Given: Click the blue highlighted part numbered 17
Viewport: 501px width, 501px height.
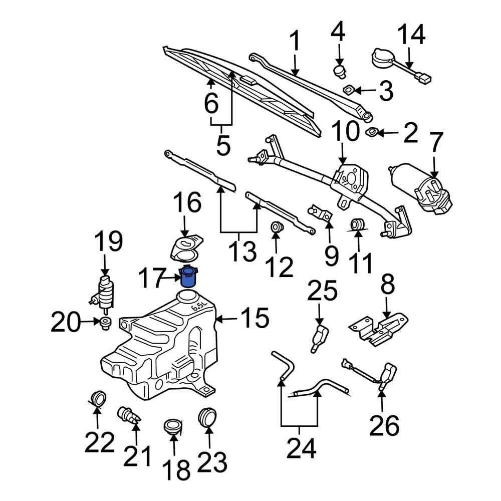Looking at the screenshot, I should click(x=189, y=277).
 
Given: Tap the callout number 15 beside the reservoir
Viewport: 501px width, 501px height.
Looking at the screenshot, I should click(x=255, y=319).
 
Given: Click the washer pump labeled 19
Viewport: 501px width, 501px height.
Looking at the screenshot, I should click(x=105, y=292).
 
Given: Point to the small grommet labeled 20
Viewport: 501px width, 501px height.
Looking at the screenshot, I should click(x=106, y=323).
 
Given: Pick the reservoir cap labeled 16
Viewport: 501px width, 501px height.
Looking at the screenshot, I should click(x=185, y=248).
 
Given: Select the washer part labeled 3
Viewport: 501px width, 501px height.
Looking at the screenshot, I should click(x=349, y=90).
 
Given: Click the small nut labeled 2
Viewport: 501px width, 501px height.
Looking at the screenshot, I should click(x=372, y=132).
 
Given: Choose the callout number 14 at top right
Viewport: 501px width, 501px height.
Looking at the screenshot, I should click(x=411, y=35).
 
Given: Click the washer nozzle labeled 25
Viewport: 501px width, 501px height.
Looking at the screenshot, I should click(x=319, y=337).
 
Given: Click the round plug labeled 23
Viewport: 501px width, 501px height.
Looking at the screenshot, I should click(x=208, y=417).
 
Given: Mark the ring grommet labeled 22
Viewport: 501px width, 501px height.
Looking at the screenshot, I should click(x=97, y=398).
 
